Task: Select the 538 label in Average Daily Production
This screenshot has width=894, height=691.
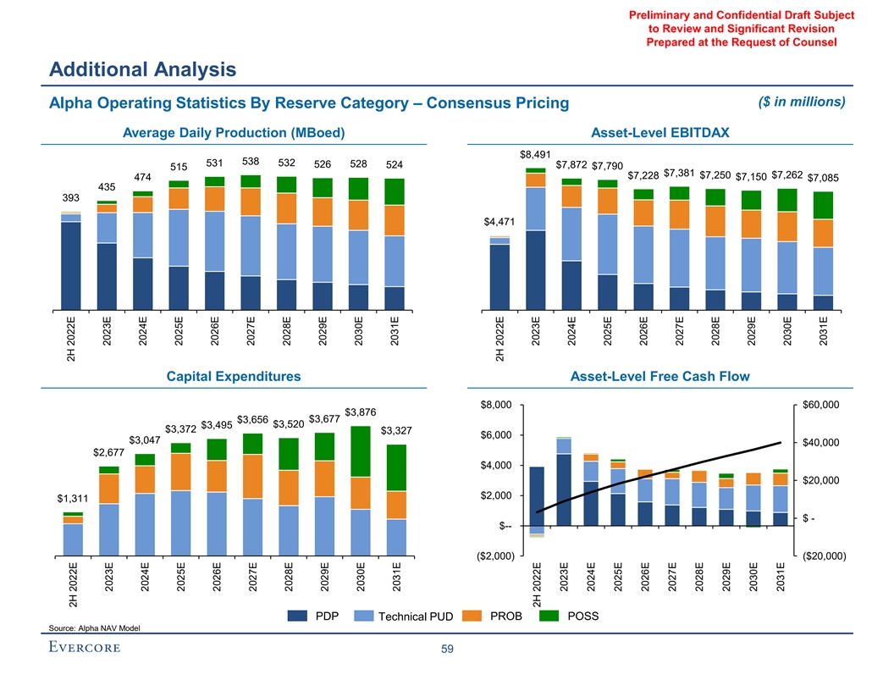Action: pos(251,161)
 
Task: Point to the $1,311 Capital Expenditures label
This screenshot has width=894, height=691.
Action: pos(73,499)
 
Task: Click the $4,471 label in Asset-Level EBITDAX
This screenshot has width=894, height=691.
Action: pos(499,223)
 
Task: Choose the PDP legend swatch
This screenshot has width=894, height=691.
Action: pos(299,616)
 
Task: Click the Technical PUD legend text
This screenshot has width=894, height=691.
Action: pos(416,616)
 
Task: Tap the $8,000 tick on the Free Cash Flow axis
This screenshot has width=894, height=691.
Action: pos(496,405)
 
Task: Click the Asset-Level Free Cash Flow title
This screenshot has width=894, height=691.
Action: pos(660,376)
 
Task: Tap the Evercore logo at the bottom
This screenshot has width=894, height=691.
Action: pos(85,649)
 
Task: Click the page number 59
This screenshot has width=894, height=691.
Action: pos(446,650)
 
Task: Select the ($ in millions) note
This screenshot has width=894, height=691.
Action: pos(799,102)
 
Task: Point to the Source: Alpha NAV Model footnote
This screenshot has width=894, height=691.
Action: pos(95,627)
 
